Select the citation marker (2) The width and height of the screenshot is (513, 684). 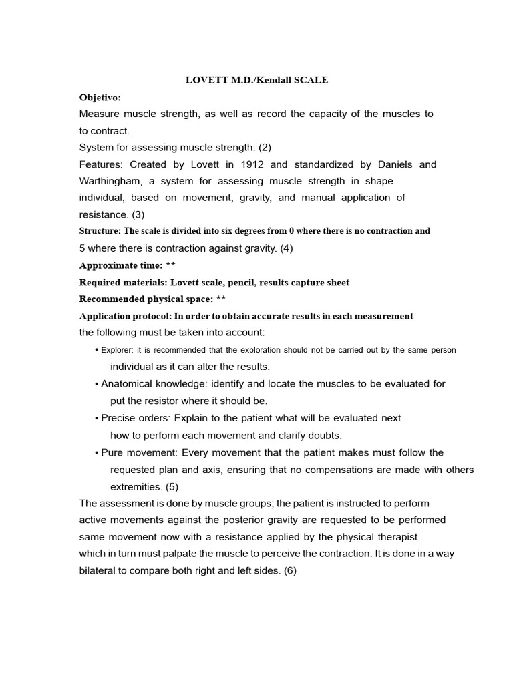tap(263, 147)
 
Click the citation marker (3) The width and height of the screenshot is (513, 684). tap(138, 214)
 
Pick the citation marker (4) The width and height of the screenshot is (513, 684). tap(286, 248)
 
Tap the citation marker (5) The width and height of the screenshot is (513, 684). tap(172, 486)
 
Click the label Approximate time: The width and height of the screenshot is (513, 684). tap(121, 265)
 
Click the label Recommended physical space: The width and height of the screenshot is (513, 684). tap(146, 299)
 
